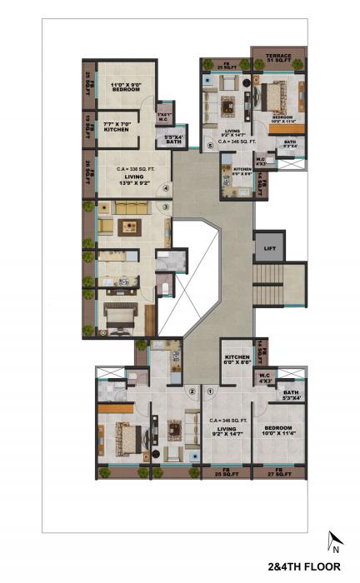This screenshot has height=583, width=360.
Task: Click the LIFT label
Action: [x=269, y=247]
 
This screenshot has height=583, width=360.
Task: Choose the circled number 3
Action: [x=166, y=207]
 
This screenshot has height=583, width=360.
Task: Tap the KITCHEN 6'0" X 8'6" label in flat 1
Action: [x=237, y=360]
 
